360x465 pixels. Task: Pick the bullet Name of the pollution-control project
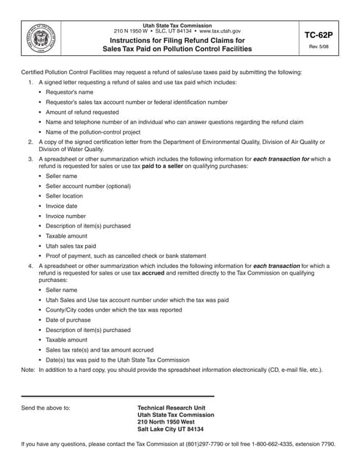coord(93,132)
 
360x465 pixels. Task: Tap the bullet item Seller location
coord(65,196)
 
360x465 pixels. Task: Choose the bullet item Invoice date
coord(62,206)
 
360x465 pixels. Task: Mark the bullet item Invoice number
coord(65,216)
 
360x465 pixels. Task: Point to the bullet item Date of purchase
coord(68,320)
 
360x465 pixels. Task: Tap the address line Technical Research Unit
coord(171,408)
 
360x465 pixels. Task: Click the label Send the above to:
coord(46,408)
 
